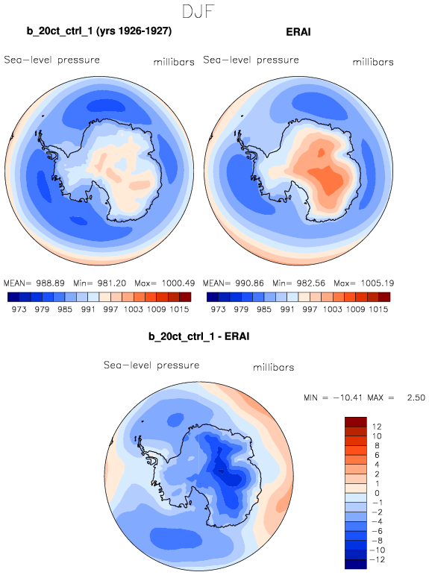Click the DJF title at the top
(198, 12)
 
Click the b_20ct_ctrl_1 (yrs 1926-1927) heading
(99, 31)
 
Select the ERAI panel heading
(298, 32)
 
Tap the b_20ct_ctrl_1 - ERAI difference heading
(199, 336)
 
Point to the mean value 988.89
(50, 283)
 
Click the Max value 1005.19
(378, 283)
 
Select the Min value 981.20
(112, 283)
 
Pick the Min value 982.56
(311, 283)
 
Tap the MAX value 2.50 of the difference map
(416, 398)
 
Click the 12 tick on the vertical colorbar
(377, 427)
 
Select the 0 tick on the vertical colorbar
(378, 493)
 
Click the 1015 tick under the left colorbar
(179, 310)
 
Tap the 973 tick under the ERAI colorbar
(218, 310)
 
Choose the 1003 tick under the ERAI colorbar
(333, 310)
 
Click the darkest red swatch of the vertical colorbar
(356, 421)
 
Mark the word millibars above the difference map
(273, 367)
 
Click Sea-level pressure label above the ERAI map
(251, 60)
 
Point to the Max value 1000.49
(178, 283)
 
